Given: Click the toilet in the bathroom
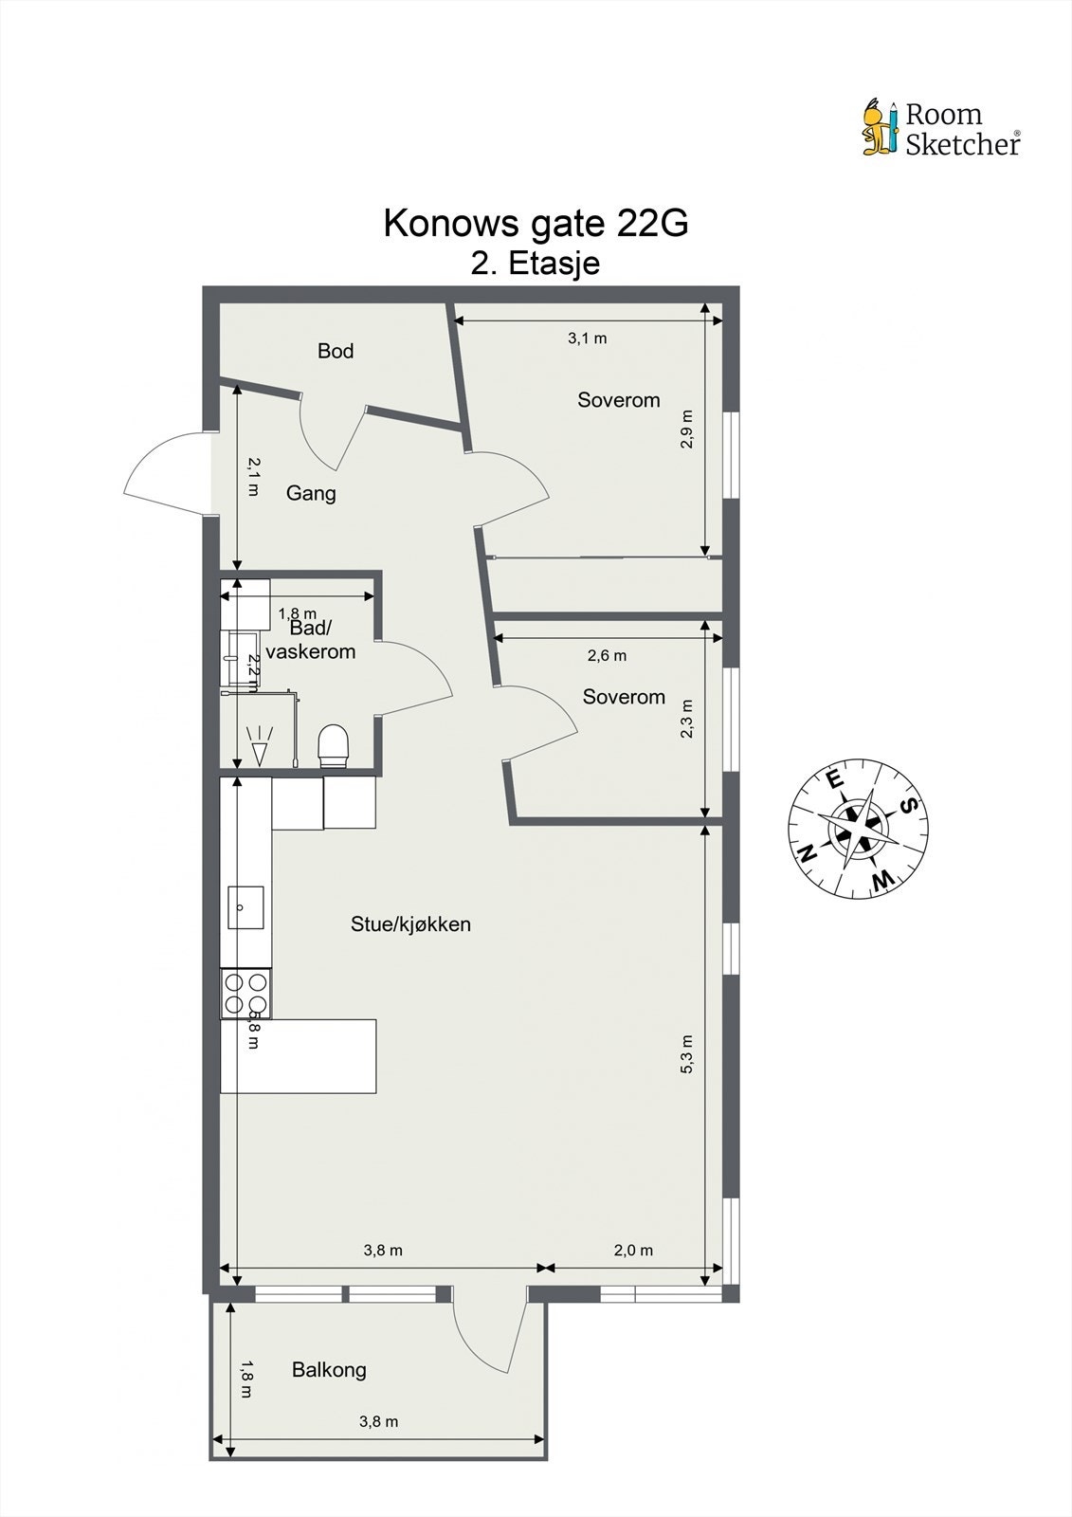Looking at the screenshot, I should click(334, 744).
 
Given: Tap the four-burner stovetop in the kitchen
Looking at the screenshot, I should click(245, 994).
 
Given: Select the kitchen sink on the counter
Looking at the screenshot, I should click(246, 907).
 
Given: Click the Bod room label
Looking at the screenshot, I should click(336, 351).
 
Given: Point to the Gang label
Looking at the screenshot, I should click(311, 493).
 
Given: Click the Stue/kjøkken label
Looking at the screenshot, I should click(410, 923).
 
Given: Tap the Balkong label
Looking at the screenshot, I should click(329, 1369).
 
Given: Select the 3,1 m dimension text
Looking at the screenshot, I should click(587, 338).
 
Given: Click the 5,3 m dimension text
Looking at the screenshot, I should click(687, 1054).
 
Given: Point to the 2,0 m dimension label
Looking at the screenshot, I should click(633, 1250).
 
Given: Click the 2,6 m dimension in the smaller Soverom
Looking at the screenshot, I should click(607, 655).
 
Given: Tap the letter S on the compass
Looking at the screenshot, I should click(907, 806).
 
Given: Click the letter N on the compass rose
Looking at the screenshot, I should click(808, 852).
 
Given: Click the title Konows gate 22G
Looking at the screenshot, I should click(536, 223).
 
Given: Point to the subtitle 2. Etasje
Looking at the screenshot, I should click(536, 263).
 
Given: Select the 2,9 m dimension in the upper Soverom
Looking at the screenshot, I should click(687, 429).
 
